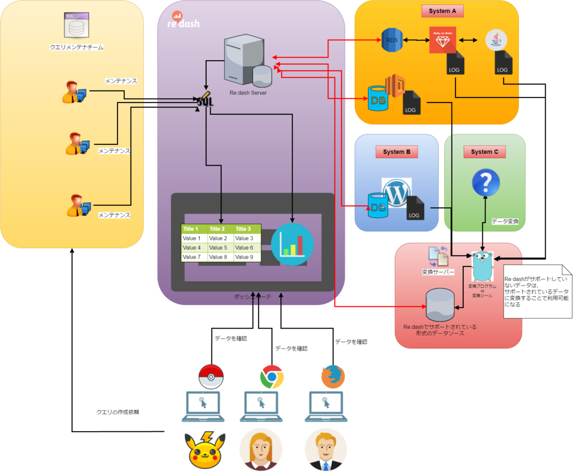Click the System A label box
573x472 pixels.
coord(442,11)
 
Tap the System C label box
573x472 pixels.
coord(485,152)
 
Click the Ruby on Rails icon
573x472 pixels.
coord(443,40)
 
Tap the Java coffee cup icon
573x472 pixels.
coord(496,40)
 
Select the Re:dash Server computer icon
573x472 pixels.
coord(244,59)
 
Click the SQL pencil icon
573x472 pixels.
coord(205,100)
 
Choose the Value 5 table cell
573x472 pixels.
coord(220,247)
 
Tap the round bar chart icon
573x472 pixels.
coord(292,244)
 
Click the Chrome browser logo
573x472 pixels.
coord(271,377)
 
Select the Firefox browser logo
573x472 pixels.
coord(333,376)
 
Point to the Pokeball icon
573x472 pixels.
coord(211,377)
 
